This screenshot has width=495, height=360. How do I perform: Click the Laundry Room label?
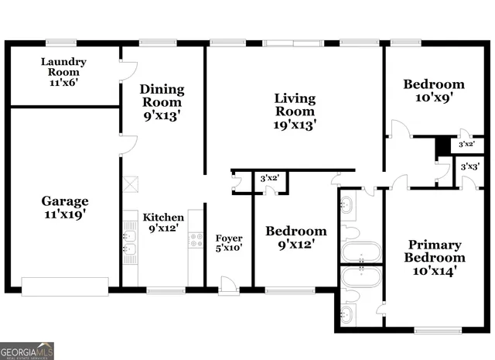tap(63, 71)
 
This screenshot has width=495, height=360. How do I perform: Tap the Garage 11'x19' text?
tap(65, 207)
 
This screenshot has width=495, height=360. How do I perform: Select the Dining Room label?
tap(162, 102)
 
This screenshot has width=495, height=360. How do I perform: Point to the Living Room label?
tap(295, 111)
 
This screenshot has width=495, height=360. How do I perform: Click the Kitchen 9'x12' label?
tap(163, 223)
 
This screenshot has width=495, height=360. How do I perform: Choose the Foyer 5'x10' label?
tap(229, 243)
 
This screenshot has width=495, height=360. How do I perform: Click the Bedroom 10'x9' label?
tap(434, 91)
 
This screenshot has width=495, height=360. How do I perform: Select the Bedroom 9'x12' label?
tap(296, 238)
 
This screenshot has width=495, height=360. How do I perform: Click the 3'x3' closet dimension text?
tap(469, 166)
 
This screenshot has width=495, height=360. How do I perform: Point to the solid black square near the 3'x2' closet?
tap(442, 145)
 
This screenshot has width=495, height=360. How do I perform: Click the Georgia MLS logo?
tap(27, 351)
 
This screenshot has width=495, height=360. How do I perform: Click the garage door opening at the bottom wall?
tap(65, 287)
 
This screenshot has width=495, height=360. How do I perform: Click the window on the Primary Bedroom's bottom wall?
tap(439, 331)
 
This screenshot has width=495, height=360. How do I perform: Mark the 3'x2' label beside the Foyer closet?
tap(269, 179)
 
